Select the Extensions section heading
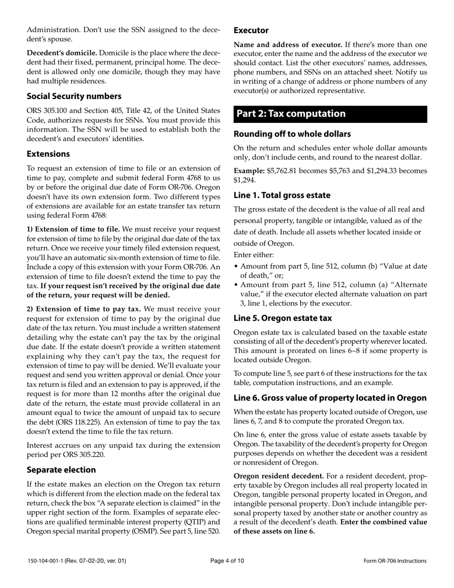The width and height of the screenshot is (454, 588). tap(48, 153)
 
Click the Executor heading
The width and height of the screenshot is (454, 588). tap(251, 30)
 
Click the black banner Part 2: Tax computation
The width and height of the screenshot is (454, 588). tap(330, 114)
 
